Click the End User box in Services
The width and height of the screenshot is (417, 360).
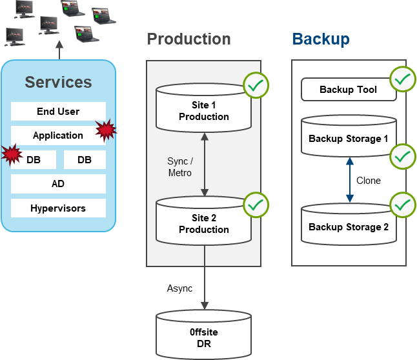tap(58, 112)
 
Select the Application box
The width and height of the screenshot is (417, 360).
tap(58, 135)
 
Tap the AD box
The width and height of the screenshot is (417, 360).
tap(58, 184)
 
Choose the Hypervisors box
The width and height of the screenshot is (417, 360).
tap(58, 208)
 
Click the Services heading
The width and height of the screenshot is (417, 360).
tap(58, 83)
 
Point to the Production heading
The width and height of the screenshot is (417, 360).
tap(188, 39)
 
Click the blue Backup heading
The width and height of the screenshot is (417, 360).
tap(321, 39)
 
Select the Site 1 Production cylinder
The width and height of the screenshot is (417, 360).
tap(203, 111)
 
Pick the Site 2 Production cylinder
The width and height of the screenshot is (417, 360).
tap(203, 224)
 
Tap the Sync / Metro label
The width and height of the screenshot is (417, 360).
tap(180, 167)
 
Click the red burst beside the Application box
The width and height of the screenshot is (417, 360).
tap(106, 130)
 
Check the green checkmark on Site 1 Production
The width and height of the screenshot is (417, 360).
tap(256, 85)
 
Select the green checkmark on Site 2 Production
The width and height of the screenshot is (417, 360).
tap(256, 205)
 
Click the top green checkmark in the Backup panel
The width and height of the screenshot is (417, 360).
tap(403, 80)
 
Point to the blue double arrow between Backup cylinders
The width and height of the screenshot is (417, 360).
tap(349, 180)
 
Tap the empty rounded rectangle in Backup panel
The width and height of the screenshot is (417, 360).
tap(349, 89)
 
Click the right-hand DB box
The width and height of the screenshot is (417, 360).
tap(85, 159)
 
